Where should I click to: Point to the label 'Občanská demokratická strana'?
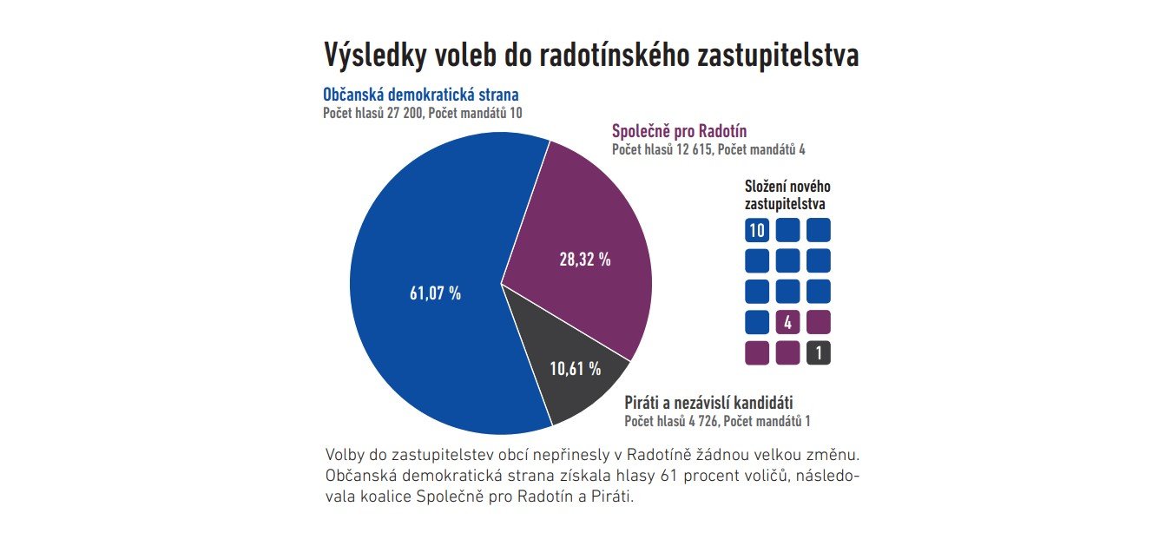coord(421,95)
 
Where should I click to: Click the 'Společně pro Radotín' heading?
coord(679,131)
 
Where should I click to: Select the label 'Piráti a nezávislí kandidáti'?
coord(708,402)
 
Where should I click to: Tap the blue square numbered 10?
coord(757,230)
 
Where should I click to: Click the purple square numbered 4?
coord(787,323)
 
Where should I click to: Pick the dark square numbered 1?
coord(819,353)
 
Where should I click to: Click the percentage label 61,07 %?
coord(435,293)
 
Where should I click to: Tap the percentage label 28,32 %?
coord(584,259)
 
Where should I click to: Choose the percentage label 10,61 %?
coord(576,369)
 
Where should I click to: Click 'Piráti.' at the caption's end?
coord(614,498)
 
